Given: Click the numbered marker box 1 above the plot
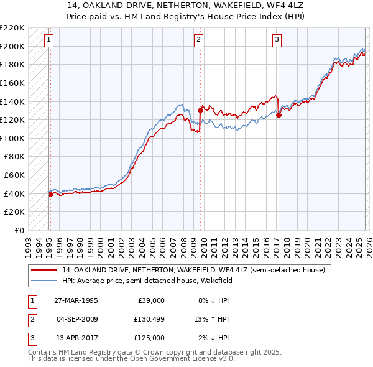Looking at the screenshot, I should tap(49, 40).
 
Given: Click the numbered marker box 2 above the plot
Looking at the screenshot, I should tap(198, 40).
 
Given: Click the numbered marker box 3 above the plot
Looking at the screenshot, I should tap(277, 40).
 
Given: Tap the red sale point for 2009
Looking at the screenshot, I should tap(200, 110).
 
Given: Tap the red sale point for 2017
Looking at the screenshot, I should tap(279, 115).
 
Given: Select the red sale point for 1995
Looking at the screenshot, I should tap(50, 194).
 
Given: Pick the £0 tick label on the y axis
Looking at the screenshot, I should tap(19, 230).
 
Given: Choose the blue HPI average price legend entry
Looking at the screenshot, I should tap(155, 281).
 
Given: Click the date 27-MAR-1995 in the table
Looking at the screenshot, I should tap(76, 300).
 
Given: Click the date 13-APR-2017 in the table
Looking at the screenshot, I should tap(76, 338).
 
